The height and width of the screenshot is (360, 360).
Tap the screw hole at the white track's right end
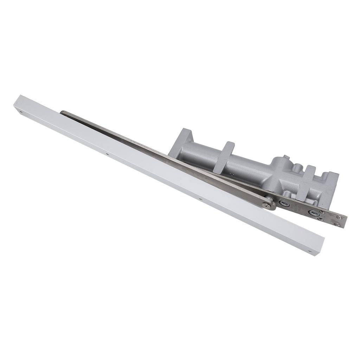309,251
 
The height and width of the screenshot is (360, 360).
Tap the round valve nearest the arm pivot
284,204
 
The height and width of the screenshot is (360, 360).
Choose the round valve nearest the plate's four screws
313,212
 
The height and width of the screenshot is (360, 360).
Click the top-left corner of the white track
21,95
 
